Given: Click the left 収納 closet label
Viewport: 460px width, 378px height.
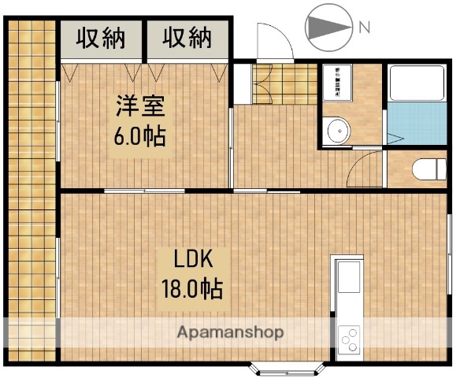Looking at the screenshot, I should click(x=102, y=38).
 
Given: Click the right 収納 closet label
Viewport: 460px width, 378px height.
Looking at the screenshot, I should click(x=188, y=38).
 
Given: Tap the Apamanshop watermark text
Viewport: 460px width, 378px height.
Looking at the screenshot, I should click(x=230, y=332).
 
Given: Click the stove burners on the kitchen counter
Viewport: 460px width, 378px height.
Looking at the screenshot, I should click(x=348, y=340).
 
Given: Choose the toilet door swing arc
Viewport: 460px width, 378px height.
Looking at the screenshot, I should click(x=365, y=167).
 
